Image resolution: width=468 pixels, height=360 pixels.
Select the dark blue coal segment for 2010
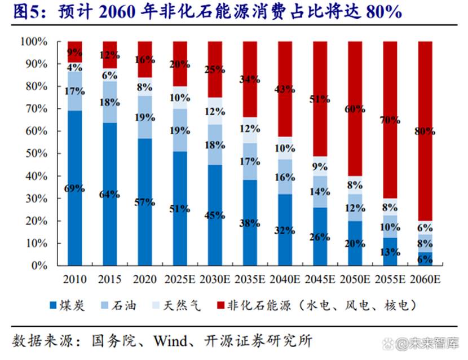(x=74, y=226)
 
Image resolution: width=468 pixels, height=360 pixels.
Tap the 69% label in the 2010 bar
(x=74, y=188)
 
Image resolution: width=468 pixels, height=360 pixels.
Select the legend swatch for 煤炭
(x=54, y=306)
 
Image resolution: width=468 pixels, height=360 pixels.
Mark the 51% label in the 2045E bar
(x=320, y=99)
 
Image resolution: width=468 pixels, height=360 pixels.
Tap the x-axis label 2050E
(x=355, y=279)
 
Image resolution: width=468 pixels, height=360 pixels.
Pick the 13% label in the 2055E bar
(x=390, y=252)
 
